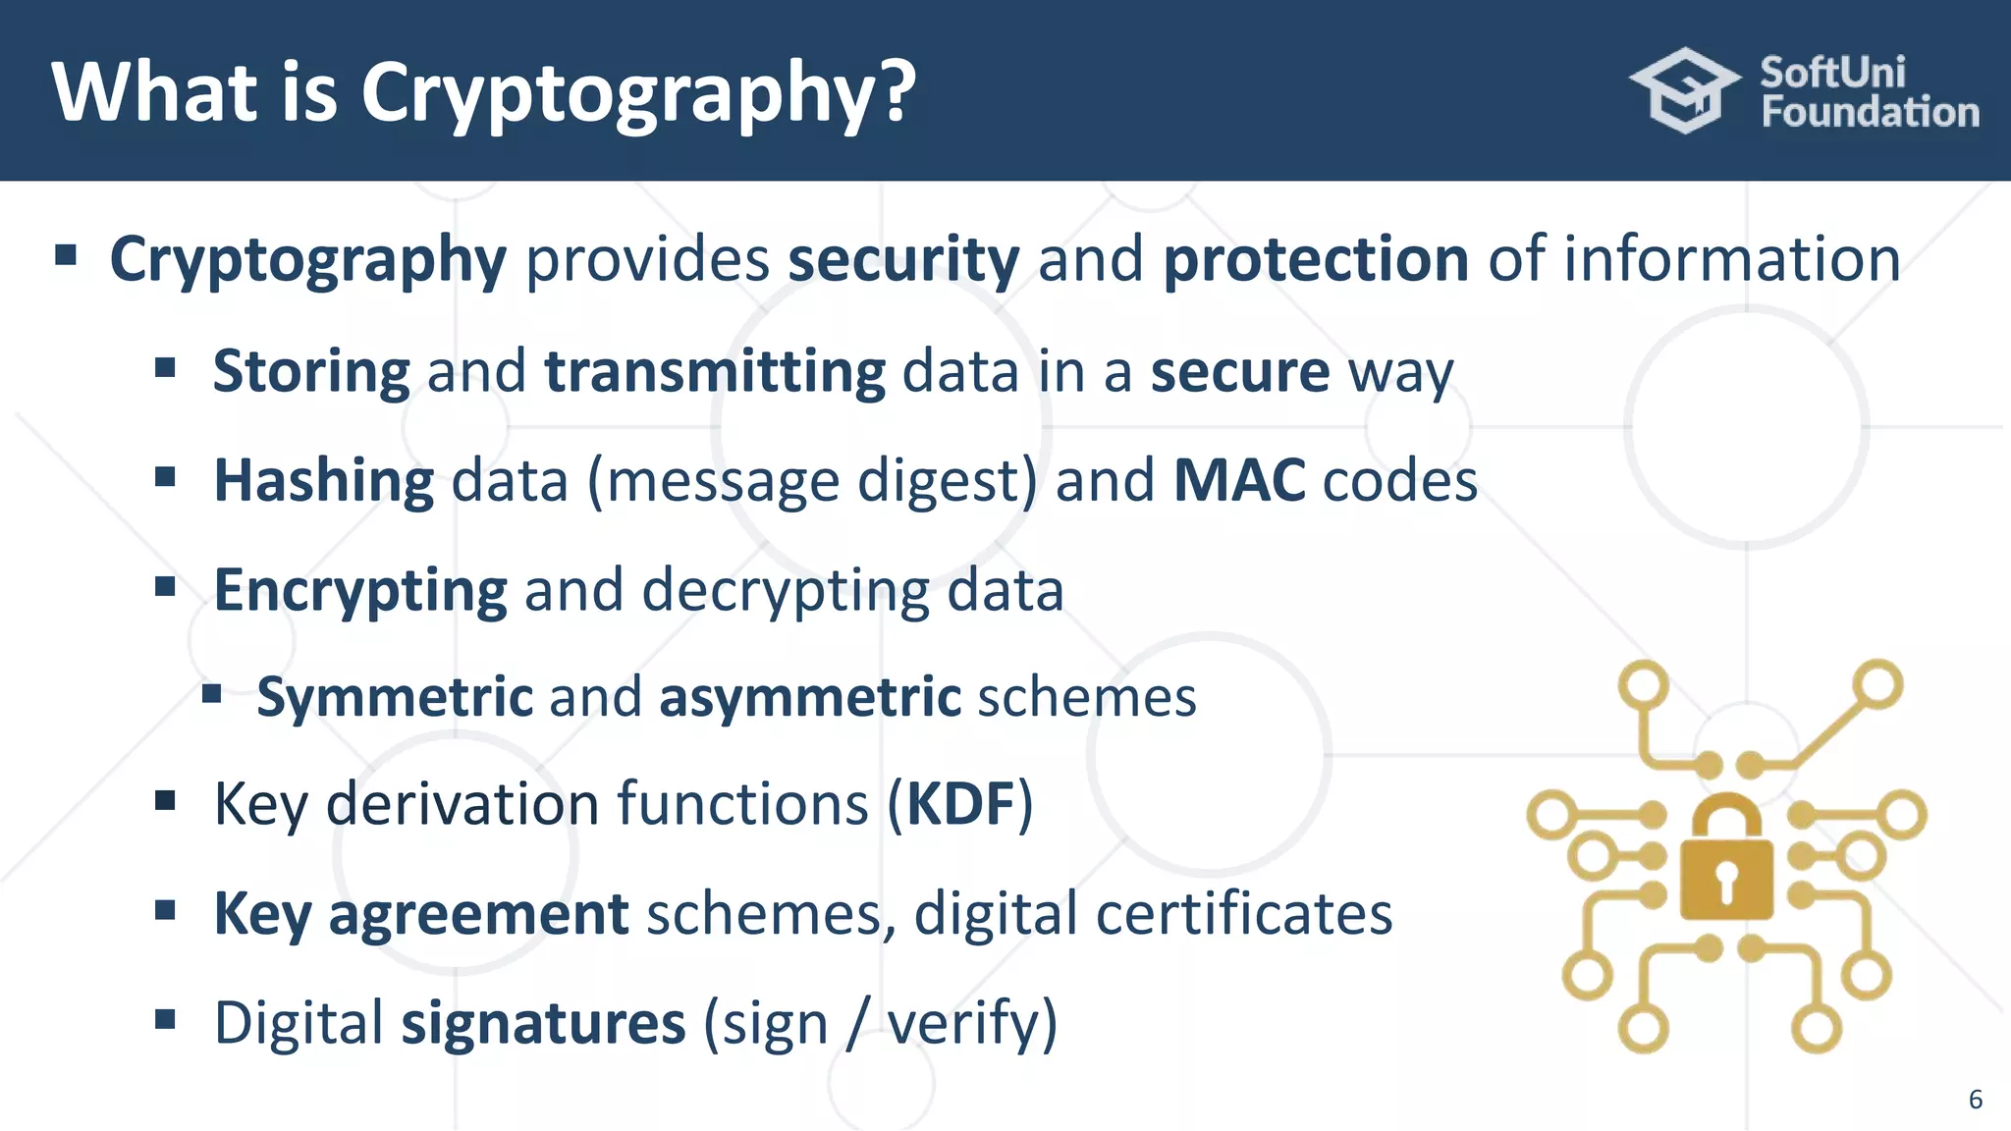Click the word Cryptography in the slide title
click(638, 94)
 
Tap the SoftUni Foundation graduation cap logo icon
click(1685, 90)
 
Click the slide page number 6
click(1976, 1099)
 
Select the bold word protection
click(1316, 259)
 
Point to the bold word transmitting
click(715, 372)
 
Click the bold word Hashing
click(324, 481)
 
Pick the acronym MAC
click(1239, 481)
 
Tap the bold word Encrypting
click(360, 591)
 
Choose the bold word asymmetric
click(810, 697)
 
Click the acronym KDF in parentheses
click(960, 805)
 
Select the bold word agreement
click(478, 914)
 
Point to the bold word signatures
click(543, 1023)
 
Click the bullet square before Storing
click(165, 368)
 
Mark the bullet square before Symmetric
click(211, 695)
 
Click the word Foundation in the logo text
click(1870, 113)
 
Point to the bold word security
click(903, 259)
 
